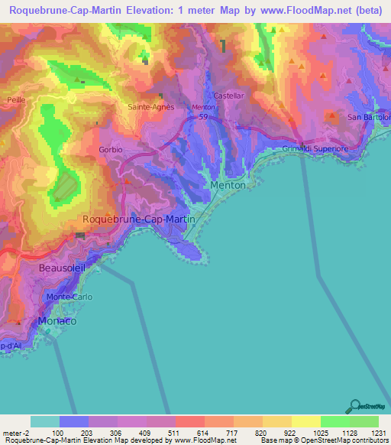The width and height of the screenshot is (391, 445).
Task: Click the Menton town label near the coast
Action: [228, 185]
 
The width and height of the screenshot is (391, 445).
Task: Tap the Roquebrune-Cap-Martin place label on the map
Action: [138, 219]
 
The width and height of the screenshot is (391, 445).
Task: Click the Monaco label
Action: [57, 321]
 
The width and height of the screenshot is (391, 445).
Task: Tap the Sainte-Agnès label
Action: [150, 107]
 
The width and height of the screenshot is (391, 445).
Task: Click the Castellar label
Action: [228, 96]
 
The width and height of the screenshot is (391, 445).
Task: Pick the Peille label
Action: [16, 100]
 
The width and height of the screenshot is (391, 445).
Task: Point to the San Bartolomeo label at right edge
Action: [369, 117]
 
